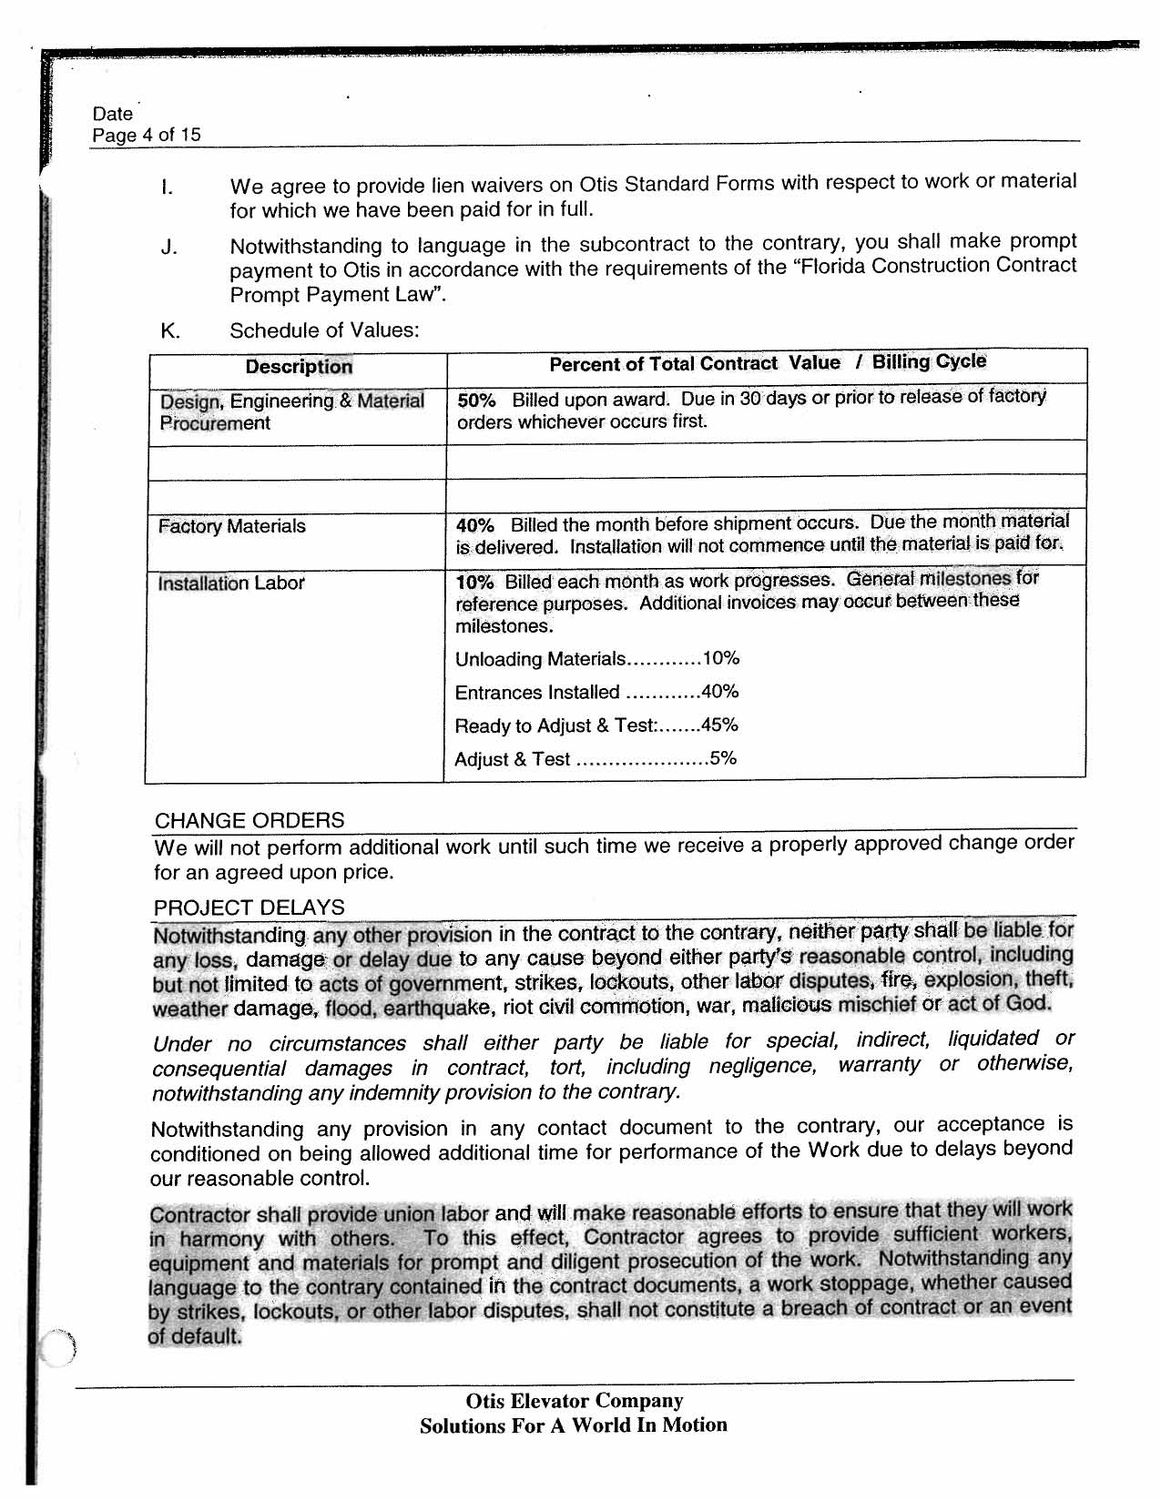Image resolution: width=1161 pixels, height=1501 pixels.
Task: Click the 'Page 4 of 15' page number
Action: (146, 136)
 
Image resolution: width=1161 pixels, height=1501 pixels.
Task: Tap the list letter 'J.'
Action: (168, 248)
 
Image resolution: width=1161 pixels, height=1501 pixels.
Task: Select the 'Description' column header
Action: (298, 367)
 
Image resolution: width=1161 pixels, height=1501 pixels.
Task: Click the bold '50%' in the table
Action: (476, 401)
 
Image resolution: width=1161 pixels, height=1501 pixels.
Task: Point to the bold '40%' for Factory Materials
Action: (474, 526)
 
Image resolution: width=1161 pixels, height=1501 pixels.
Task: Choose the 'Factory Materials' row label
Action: (231, 527)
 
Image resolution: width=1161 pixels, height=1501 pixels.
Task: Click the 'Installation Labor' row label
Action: (230, 583)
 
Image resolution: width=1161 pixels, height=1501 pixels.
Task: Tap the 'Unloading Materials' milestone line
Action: (596, 659)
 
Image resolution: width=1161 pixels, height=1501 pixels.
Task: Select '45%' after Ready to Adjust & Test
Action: (719, 725)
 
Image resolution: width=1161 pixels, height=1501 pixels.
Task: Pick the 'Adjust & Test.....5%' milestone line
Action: (595, 759)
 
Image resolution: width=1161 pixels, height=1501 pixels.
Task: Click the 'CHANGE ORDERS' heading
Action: (250, 821)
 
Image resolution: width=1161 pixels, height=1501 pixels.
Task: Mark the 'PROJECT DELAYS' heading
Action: (249, 908)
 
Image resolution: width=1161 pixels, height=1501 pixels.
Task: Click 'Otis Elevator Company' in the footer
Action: (574, 1401)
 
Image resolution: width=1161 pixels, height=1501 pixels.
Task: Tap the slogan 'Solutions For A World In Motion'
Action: (574, 1425)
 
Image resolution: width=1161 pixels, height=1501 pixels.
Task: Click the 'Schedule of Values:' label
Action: (324, 330)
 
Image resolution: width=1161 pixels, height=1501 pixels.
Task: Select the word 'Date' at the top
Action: (112, 115)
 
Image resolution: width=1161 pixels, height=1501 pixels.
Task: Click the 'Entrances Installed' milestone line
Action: (596, 693)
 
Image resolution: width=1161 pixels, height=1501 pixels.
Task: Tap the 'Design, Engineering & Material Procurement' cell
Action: (291, 412)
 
